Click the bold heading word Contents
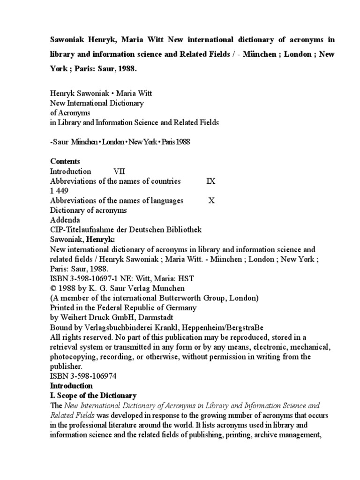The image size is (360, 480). coord(65,161)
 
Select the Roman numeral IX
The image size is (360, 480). coord(211,181)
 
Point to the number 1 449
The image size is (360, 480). coord(60,191)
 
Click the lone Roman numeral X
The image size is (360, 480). coord(211,201)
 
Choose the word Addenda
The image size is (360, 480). coord(65,220)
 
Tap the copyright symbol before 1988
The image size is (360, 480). coord(53,288)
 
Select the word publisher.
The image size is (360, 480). coord(66,367)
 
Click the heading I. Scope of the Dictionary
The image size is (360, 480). coord(93,396)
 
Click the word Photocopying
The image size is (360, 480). coord(73,357)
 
